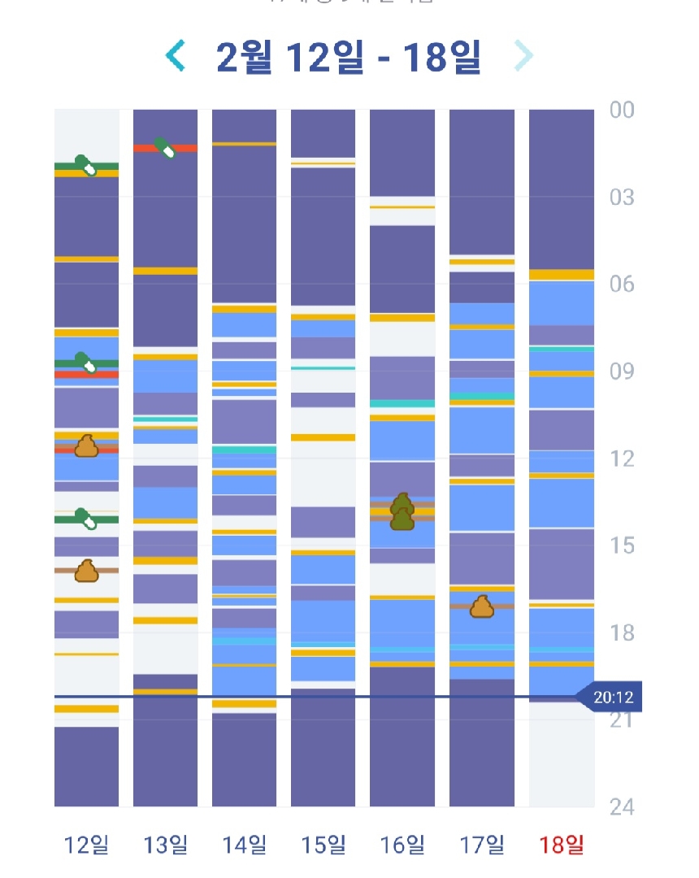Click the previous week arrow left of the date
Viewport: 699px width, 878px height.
[x=176, y=56]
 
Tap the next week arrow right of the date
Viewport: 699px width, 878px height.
[x=524, y=56]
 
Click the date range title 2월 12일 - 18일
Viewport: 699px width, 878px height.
[x=349, y=56]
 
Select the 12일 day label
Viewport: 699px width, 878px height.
[x=87, y=845]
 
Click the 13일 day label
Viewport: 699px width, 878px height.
[x=166, y=845]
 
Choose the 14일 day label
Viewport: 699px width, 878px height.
[x=245, y=845]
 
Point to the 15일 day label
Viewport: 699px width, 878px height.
[x=323, y=845]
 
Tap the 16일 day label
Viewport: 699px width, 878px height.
[x=402, y=845]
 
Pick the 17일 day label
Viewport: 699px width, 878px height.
[x=482, y=845]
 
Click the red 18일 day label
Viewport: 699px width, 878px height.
[x=561, y=845]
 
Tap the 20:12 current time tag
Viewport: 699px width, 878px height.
[x=612, y=697]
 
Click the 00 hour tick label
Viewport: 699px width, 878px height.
[x=622, y=111]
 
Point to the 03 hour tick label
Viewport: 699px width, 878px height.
[x=622, y=198]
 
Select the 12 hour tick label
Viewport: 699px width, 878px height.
[x=622, y=459]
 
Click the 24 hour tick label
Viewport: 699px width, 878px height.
[x=622, y=806]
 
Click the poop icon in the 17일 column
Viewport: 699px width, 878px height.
[x=482, y=606]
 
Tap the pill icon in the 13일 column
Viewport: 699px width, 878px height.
[x=166, y=148]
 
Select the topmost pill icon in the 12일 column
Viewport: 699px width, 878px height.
[x=85, y=165]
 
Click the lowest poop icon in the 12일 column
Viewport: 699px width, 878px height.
[x=86, y=571]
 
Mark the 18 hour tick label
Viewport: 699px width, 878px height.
[x=622, y=632]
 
